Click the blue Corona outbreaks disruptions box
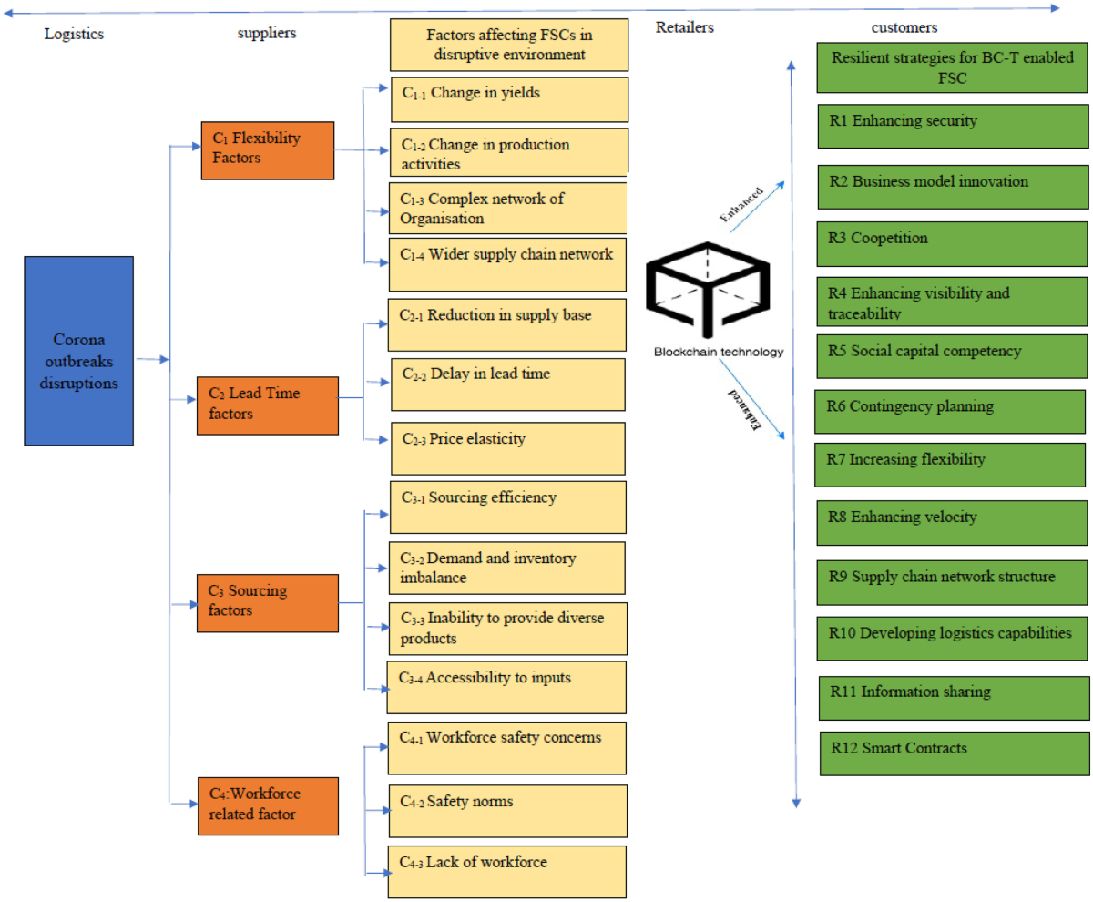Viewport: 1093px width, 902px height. pos(79,351)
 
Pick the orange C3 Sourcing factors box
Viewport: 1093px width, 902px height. pos(267,600)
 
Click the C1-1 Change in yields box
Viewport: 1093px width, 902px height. pos(509,98)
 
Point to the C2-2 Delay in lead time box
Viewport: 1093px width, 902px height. pos(508,384)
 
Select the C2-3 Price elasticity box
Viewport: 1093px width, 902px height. pos(508,448)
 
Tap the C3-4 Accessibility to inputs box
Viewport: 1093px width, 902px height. pos(506,687)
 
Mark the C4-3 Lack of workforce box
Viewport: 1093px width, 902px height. pos(508,871)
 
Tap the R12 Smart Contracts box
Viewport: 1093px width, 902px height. pos(954,753)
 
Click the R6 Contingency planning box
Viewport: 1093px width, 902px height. pos(951,411)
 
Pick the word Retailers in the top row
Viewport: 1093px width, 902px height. pos(684,27)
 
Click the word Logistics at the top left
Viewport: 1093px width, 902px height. pos(75,34)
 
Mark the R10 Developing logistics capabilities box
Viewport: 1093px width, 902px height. pos(952,635)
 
